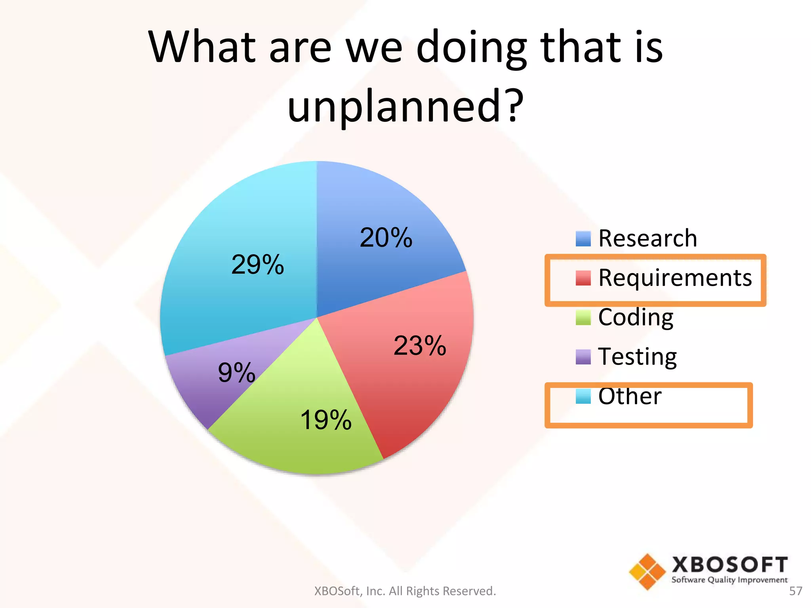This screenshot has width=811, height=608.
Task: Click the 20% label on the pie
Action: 386,238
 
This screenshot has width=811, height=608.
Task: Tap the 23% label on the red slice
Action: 420,346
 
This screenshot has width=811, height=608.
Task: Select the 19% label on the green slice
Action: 326,420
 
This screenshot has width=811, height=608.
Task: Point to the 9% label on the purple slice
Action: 236,373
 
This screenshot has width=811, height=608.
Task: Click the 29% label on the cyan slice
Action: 257,265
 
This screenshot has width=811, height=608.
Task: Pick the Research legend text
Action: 647,238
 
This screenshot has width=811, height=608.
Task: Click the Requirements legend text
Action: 675,277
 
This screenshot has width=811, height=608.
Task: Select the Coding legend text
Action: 636,317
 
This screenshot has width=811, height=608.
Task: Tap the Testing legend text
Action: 637,357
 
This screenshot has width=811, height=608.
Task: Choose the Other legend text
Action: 630,396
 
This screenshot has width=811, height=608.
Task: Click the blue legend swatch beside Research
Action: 583,239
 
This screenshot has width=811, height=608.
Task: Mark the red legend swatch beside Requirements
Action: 583,278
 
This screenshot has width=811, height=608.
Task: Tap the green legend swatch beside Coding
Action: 583,317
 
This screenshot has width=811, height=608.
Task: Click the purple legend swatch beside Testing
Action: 583,357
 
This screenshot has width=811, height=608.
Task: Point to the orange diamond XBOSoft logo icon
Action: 647,572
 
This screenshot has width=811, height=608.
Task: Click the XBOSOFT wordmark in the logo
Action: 729,565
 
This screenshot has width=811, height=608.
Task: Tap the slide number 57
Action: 796,591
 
